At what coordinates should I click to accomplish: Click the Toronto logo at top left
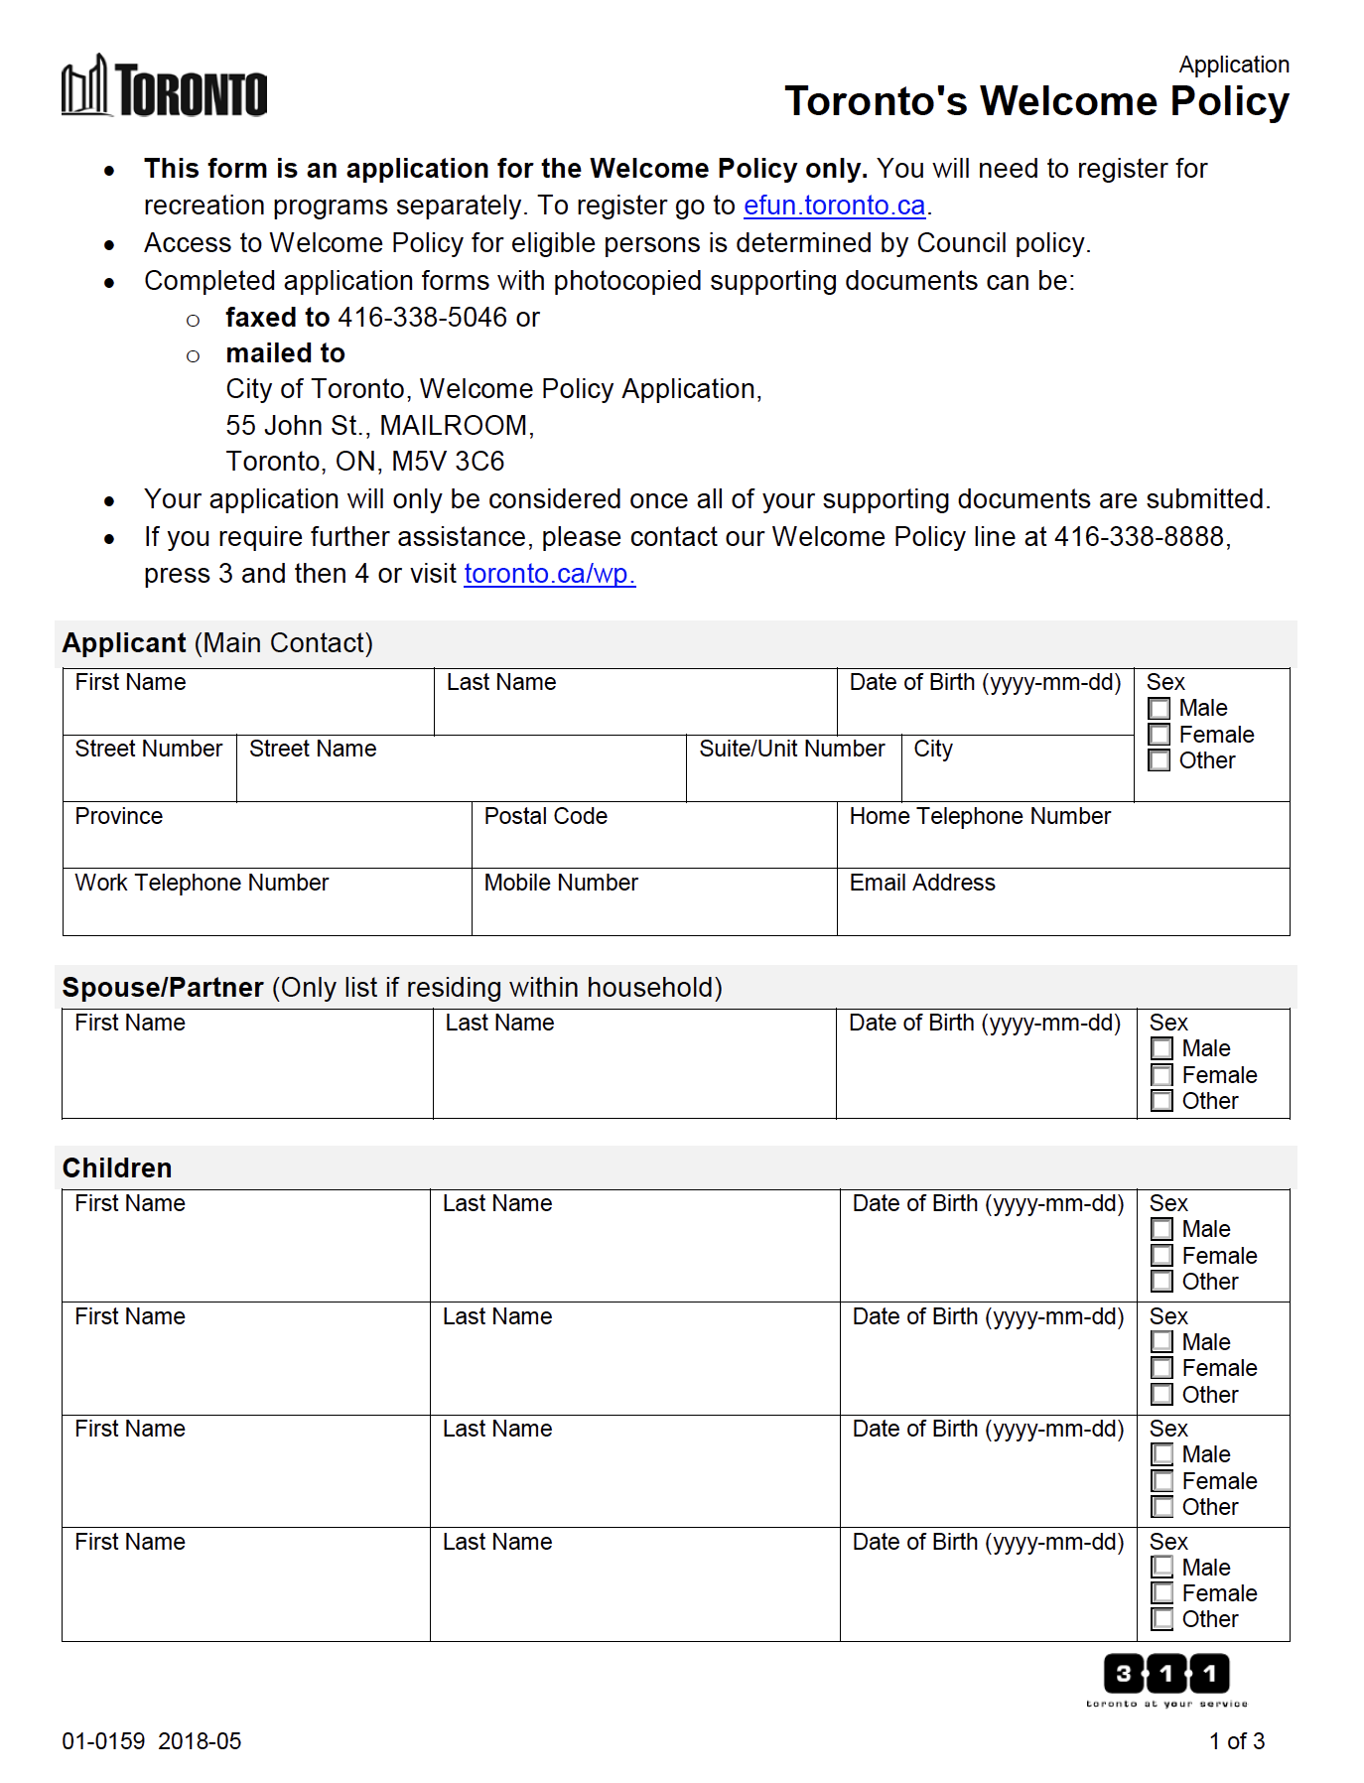tap(165, 87)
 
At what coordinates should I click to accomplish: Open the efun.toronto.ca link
tap(834, 206)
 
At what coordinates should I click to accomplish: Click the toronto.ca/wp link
tap(549, 574)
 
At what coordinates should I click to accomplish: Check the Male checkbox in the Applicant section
tap(1159, 709)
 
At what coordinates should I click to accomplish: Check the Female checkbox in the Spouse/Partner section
tap(1161, 1075)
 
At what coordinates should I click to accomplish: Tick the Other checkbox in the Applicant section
tap(1159, 761)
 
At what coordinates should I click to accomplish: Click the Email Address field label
tap(921, 883)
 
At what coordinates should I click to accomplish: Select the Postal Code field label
tap(545, 816)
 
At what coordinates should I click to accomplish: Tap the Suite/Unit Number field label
tap(791, 749)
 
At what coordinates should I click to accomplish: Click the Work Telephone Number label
tap(202, 883)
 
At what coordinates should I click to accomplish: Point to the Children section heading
tap(117, 1167)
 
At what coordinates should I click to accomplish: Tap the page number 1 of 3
tap(1236, 1741)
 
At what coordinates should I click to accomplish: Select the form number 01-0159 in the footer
tap(103, 1741)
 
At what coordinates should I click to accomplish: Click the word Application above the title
tap(1233, 65)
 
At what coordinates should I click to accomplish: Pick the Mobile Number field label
tap(561, 883)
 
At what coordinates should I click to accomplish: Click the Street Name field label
tap(313, 749)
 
